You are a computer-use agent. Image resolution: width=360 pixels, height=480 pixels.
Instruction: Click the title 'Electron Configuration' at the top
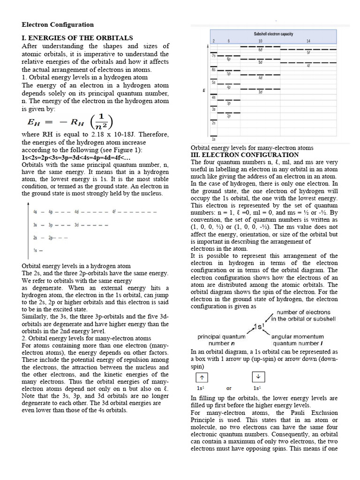(x=58, y=25)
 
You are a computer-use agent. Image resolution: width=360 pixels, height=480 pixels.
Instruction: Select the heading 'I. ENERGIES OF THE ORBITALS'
(x=77, y=38)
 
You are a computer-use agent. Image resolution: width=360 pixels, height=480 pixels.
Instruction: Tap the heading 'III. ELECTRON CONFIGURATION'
(x=244, y=155)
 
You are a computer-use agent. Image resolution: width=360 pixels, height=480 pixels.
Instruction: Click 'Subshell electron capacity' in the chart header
(x=273, y=34)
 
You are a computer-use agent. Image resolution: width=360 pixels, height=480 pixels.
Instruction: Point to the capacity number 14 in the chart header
(x=308, y=41)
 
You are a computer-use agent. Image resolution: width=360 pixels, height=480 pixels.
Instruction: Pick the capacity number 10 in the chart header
(x=260, y=41)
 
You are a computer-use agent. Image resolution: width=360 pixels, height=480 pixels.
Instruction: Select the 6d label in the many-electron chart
(x=260, y=50)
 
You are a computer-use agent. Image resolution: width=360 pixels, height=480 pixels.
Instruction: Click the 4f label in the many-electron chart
(x=308, y=66)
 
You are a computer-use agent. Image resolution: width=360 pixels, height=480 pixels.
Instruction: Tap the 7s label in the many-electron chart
(x=213, y=56)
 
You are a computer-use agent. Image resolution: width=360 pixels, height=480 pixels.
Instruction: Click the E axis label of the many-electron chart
(x=203, y=90)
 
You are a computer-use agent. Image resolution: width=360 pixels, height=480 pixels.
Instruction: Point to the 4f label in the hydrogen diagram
(x=114, y=212)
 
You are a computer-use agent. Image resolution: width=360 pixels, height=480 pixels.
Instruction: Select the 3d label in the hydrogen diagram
(x=76, y=225)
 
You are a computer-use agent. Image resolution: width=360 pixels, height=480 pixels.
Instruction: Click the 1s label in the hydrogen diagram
(x=35, y=251)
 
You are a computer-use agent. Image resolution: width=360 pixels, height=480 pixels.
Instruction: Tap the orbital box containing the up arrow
(x=201, y=378)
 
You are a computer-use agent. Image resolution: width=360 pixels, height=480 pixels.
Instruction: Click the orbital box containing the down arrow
(x=258, y=378)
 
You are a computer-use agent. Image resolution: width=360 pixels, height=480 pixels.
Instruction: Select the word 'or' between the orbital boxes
(x=229, y=388)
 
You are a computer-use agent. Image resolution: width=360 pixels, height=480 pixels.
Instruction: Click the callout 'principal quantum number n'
(x=221, y=340)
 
